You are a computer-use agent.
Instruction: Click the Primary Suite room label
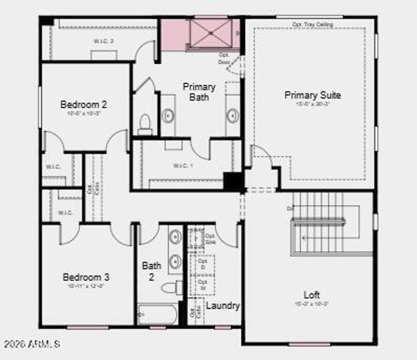tap(312, 95)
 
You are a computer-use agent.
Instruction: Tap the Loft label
tap(312, 295)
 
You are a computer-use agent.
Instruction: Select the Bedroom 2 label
tap(83, 105)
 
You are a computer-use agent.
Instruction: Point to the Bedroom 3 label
tap(86, 277)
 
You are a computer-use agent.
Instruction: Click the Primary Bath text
tap(199, 92)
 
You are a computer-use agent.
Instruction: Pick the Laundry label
tap(222, 306)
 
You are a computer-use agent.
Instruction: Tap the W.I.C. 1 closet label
tap(180, 166)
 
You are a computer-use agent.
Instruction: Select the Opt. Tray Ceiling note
tap(312, 25)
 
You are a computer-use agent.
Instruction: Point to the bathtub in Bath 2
tap(157, 314)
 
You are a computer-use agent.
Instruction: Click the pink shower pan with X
tap(211, 33)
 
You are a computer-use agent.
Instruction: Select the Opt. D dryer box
tap(202, 264)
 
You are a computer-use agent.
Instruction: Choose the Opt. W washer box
tap(202, 285)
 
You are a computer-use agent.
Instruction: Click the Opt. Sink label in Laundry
tap(210, 239)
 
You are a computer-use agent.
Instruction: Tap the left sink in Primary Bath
tap(168, 116)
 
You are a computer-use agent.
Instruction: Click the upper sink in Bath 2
tap(176, 236)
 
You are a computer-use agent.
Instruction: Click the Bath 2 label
tap(151, 271)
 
